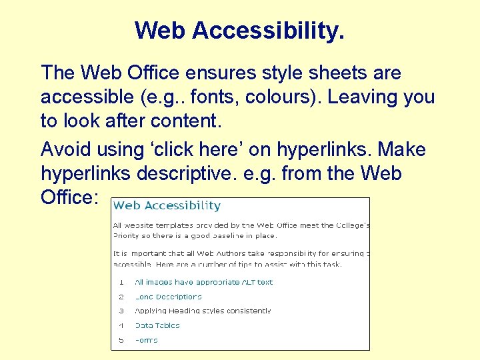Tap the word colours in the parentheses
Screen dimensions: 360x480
click(283, 98)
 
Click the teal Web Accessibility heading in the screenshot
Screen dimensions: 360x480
click(167, 206)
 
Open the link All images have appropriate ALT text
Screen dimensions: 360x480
click(203, 282)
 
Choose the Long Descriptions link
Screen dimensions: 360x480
click(168, 297)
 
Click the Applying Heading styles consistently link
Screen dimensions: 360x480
click(203, 311)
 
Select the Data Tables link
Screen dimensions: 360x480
click(157, 325)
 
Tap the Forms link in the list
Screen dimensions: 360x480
click(146, 340)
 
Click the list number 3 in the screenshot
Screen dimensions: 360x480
click(121, 311)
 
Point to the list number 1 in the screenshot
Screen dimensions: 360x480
click(121, 282)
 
